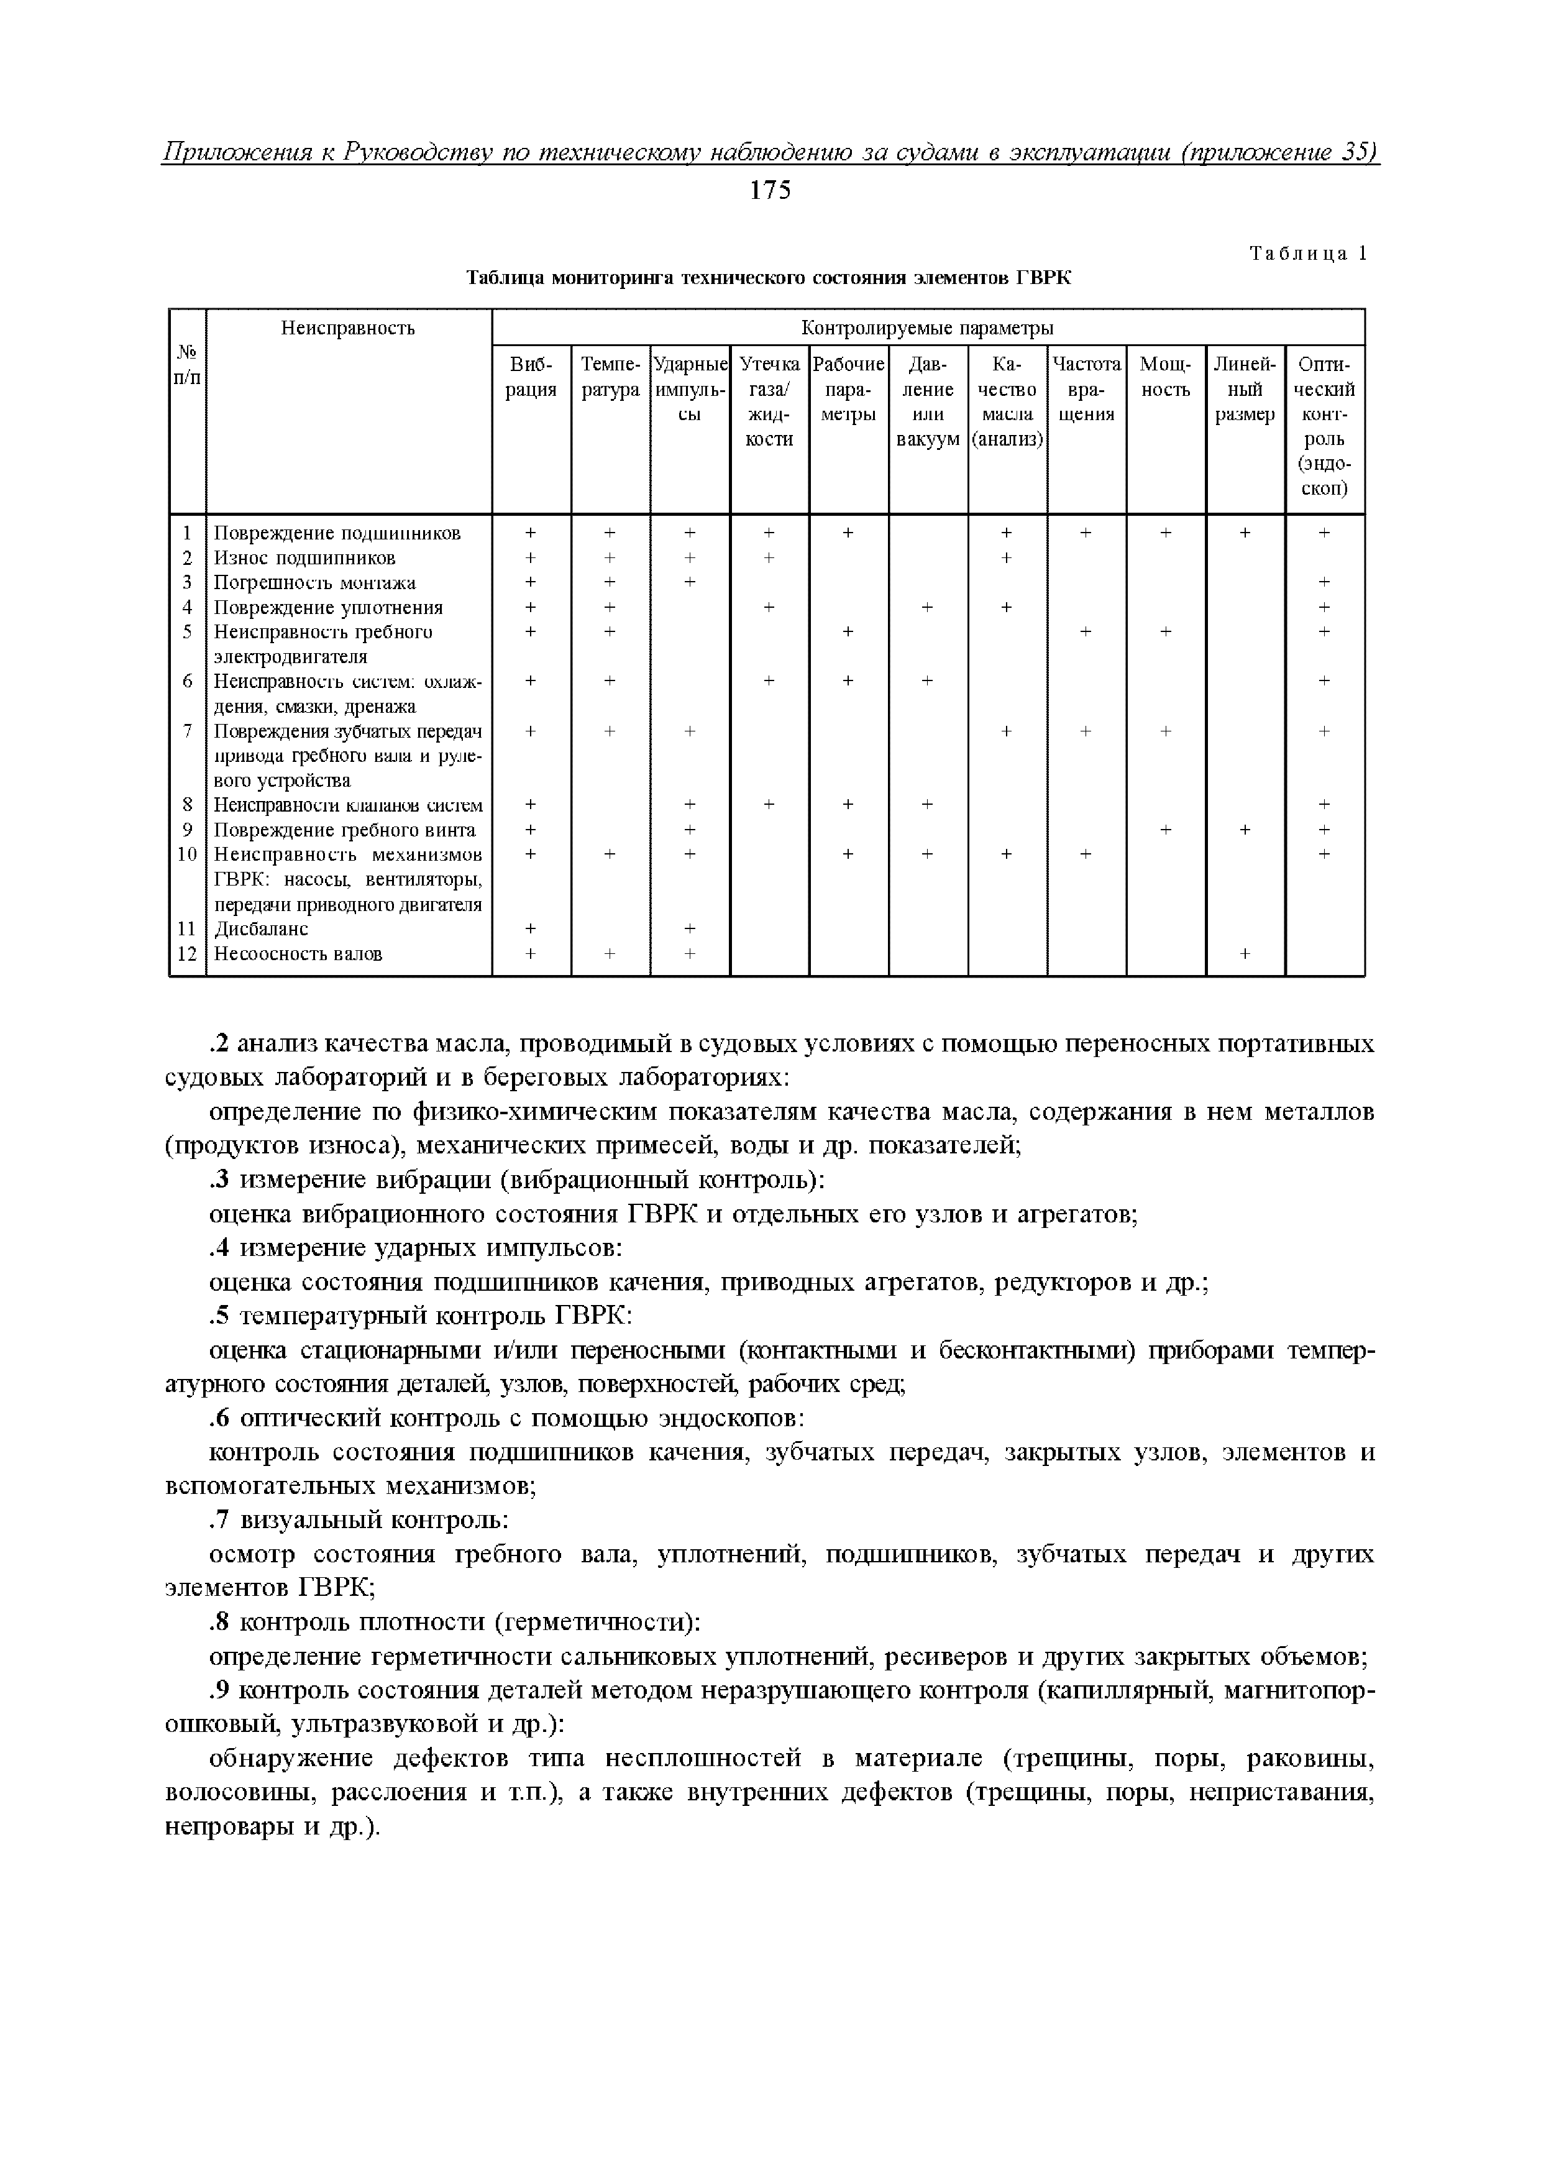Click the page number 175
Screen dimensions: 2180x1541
pos(769,191)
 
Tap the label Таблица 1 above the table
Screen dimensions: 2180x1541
pos(1307,254)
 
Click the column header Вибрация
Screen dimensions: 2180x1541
pos(531,377)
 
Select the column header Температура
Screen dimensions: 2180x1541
pos(611,377)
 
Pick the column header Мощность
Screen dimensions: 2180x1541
pos(1165,377)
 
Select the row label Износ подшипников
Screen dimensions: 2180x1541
pos(304,558)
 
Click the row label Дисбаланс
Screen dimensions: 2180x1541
pos(260,928)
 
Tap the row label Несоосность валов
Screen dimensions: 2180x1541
pos(297,953)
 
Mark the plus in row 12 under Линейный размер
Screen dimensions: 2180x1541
pos(1245,953)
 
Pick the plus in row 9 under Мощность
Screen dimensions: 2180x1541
pos(1165,830)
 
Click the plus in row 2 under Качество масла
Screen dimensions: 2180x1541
pos(1007,558)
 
